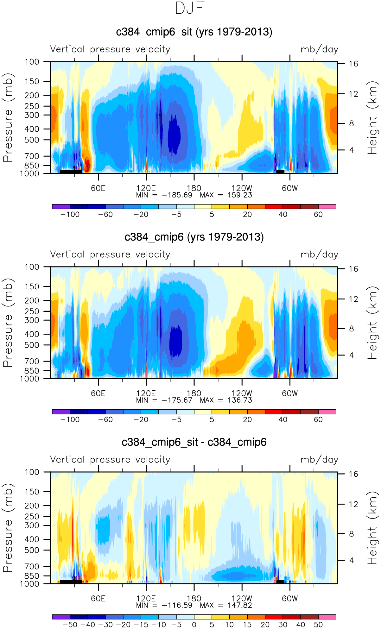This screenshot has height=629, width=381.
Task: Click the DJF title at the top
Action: (x=190, y=8)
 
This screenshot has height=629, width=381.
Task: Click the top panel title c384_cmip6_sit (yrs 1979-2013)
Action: (x=194, y=32)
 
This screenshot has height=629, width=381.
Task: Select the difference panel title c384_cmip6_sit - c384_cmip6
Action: (x=194, y=442)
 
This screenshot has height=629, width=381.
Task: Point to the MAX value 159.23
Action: (x=240, y=195)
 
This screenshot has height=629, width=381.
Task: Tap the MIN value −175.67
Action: (x=177, y=400)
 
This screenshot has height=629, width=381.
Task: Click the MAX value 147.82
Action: (x=240, y=605)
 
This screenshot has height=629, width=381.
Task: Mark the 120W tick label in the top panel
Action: (x=242, y=188)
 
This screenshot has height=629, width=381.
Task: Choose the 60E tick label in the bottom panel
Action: (x=98, y=599)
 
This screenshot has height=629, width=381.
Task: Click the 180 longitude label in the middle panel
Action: (x=194, y=393)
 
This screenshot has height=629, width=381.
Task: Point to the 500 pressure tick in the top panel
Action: (x=33, y=140)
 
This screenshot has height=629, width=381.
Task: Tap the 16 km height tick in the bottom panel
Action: (x=353, y=474)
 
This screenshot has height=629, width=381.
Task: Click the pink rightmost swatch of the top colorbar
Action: (x=327, y=207)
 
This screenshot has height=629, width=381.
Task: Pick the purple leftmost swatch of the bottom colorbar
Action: (x=61, y=617)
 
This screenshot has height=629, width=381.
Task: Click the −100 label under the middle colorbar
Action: (x=70, y=420)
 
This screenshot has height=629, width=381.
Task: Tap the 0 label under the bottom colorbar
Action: (x=194, y=625)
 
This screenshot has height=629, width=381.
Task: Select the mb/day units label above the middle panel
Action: (x=319, y=255)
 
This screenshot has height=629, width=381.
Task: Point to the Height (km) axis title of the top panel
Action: (x=373, y=117)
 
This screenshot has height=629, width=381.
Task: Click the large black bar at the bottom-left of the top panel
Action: (x=71, y=171)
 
